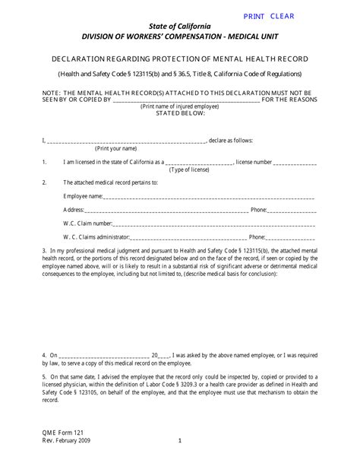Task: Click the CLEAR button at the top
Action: [282, 16]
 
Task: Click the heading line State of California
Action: [181, 27]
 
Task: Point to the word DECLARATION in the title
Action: [80, 59]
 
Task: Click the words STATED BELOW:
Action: [180, 114]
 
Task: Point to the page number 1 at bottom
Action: [180, 440]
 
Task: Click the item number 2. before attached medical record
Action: [45, 182]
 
